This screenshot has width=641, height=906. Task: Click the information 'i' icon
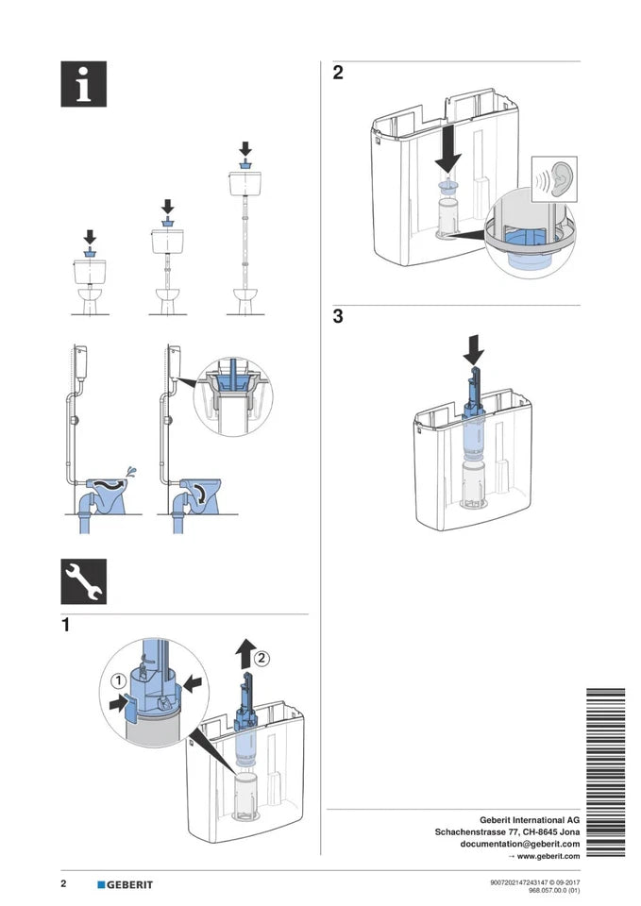(x=83, y=85)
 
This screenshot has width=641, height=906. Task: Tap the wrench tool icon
(x=83, y=581)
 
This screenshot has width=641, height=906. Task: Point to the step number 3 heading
(x=338, y=317)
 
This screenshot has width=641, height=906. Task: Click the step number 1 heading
(x=65, y=625)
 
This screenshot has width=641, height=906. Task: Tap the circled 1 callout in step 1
(x=118, y=679)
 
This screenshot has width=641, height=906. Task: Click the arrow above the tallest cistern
(x=245, y=149)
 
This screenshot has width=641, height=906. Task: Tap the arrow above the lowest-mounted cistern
(x=91, y=236)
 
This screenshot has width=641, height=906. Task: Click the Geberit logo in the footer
(x=125, y=884)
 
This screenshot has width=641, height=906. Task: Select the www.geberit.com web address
(x=548, y=856)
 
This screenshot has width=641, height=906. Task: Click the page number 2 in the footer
(x=63, y=884)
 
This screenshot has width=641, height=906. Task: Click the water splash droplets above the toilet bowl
(x=132, y=470)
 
